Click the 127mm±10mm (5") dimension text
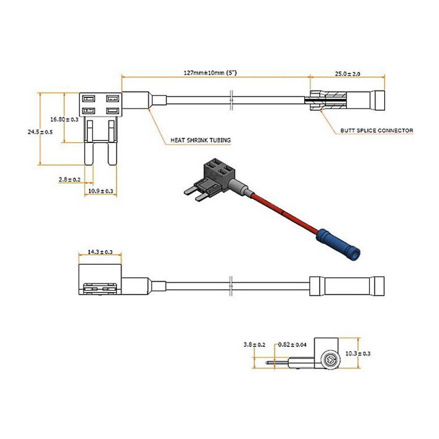click(209, 73)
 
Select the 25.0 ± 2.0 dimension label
click(348, 73)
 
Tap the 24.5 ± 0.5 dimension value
click(40, 132)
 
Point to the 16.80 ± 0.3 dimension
click(64, 119)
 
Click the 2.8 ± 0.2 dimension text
click(69, 179)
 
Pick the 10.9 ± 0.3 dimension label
click(101, 191)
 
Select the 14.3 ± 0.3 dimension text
click(100, 252)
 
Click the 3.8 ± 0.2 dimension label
click(254, 345)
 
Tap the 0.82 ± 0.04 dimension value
click(292, 345)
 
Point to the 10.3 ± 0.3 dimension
click(358, 353)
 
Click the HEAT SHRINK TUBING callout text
click(201, 140)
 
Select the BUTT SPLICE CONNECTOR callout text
click(377, 130)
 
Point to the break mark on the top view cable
click(232, 100)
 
